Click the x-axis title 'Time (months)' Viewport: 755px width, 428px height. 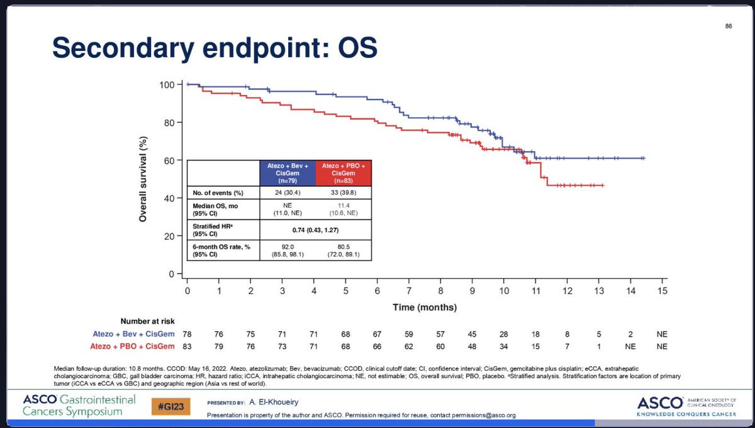click(425, 308)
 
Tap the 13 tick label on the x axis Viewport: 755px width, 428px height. click(598, 291)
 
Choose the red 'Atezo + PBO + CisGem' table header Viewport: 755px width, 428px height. click(344, 172)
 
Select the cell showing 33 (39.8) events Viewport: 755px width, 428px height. click(344, 193)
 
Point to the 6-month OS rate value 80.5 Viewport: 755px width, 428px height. click(344, 247)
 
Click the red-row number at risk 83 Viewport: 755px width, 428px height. click(187, 346)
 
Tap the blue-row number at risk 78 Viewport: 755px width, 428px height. click(187, 334)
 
